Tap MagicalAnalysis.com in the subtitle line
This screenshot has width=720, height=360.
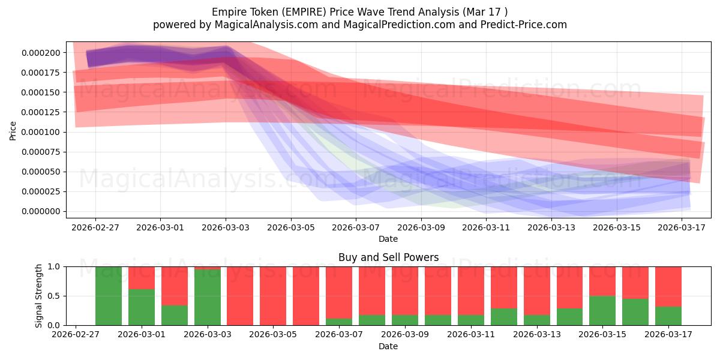[x=266, y=25]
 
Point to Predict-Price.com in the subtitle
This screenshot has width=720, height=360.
[x=524, y=25]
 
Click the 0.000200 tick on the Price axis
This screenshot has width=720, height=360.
[x=41, y=53]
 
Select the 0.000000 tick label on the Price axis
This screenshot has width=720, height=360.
[x=41, y=211]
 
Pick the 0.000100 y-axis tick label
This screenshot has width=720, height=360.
[x=41, y=132]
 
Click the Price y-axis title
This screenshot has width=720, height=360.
[x=13, y=131]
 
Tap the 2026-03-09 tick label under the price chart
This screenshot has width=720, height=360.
[x=421, y=227]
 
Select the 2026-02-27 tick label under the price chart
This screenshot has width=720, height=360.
[x=95, y=227]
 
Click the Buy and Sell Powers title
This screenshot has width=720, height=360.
[x=388, y=257]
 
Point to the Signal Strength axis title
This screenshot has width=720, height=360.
[x=38, y=296]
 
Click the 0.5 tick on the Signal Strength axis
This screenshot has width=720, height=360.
[x=54, y=296]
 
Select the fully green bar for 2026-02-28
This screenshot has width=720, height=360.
[x=109, y=296]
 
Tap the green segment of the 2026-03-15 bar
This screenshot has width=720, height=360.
[x=602, y=311]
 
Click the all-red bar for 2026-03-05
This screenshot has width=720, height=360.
[x=273, y=296]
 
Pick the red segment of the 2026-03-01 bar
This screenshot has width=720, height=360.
[x=142, y=278]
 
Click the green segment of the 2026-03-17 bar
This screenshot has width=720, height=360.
[x=668, y=316]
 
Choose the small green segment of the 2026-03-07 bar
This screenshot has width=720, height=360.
[x=339, y=322]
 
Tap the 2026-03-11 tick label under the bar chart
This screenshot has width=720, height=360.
[x=471, y=335]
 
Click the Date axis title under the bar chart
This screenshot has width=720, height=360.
[x=388, y=347]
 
